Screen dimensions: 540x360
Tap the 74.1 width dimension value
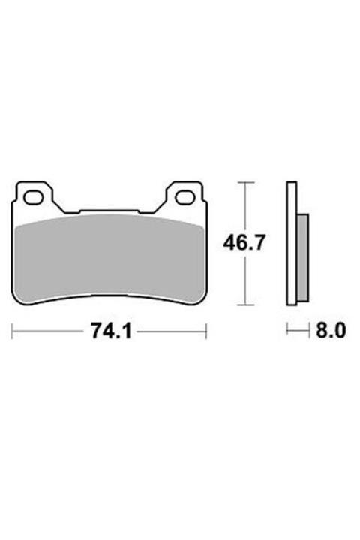tap(111, 331)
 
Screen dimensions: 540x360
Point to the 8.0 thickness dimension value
tap(329, 330)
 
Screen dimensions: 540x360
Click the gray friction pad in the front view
tap(109, 255)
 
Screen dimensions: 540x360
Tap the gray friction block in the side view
tap(301, 255)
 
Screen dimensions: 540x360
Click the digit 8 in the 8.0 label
tap(320, 330)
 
